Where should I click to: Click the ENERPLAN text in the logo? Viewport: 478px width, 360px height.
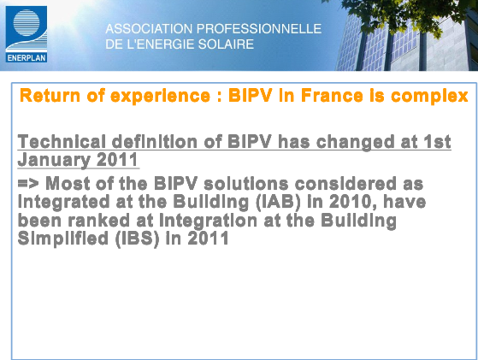(x=27, y=58)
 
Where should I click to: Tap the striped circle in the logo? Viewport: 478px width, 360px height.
(x=27, y=22)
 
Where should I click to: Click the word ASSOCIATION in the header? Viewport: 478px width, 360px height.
(x=149, y=29)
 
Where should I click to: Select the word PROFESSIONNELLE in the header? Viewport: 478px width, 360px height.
(x=259, y=29)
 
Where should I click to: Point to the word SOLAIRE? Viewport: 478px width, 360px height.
(x=226, y=44)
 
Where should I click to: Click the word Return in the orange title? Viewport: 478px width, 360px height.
(x=50, y=96)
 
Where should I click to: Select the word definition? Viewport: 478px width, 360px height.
(x=155, y=142)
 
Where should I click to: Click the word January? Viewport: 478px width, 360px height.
(x=54, y=160)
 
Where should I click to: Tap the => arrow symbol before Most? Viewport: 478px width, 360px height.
(x=28, y=183)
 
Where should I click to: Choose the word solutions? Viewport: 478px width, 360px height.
(x=245, y=184)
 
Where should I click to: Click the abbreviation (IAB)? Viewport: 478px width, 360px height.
(x=278, y=203)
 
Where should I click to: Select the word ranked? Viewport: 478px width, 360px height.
(x=99, y=221)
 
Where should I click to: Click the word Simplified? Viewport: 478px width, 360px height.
(x=63, y=239)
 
